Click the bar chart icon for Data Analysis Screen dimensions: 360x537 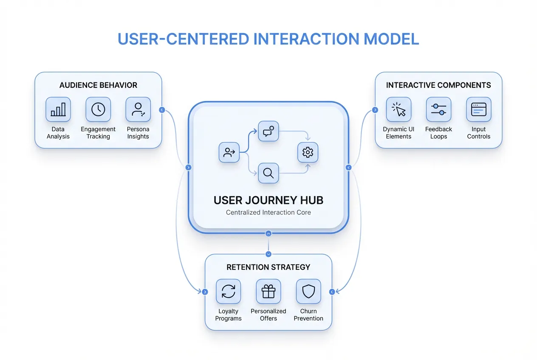(x=58, y=110)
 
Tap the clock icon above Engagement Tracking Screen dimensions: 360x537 (x=98, y=110)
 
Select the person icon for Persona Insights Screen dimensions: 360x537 (x=138, y=110)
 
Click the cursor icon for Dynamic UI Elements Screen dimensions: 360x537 (x=399, y=110)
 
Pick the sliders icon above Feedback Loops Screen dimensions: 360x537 (x=438, y=110)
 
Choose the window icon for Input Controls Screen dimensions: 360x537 (x=478, y=110)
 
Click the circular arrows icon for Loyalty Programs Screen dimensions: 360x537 (x=229, y=292)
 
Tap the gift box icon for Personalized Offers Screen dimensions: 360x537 (x=268, y=292)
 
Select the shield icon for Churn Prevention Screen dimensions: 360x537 (x=308, y=292)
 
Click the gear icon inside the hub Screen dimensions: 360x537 (x=308, y=152)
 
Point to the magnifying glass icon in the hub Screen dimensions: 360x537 (x=268, y=173)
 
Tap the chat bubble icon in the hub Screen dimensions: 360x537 (x=268, y=132)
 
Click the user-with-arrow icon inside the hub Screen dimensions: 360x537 (x=229, y=152)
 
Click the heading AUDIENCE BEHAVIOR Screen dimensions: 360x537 (x=98, y=85)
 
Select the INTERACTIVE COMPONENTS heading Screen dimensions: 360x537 (x=438, y=85)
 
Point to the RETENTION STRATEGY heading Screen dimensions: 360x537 (x=268, y=267)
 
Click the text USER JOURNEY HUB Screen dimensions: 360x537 (x=268, y=200)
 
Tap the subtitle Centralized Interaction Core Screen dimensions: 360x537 (x=268, y=212)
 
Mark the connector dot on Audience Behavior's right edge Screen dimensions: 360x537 (x=161, y=110)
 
